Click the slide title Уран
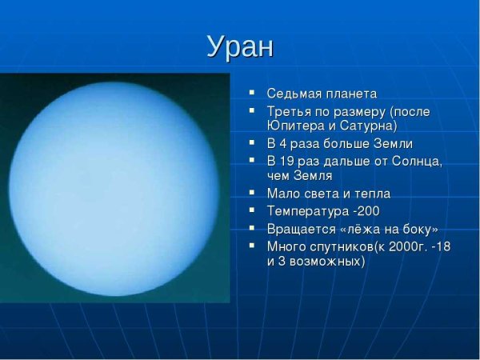point(240,46)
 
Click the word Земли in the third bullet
point(394,144)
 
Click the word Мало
point(282,194)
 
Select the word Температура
point(306,211)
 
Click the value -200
point(365,211)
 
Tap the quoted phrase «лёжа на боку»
point(388,229)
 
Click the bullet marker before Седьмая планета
point(252,94)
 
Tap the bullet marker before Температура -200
point(252,211)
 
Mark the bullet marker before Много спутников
point(252,246)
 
